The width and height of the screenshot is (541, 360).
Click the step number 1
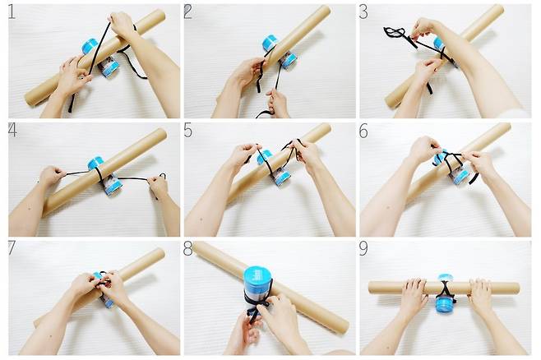tap(12, 12)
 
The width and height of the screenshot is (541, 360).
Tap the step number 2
tap(187, 12)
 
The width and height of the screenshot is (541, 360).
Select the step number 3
tap(363, 12)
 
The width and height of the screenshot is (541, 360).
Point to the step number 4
tap(12, 130)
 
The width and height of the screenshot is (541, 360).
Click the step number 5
tap(188, 131)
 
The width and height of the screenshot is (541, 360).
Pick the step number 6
tap(363, 131)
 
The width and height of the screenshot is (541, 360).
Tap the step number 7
tap(12, 248)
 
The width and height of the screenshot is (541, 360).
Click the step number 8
tap(188, 248)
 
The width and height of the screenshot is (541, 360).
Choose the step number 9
tap(363, 248)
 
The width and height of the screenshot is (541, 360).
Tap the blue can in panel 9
tap(445, 294)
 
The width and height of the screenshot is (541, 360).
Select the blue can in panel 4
tap(104, 176)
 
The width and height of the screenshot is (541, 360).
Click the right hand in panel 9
tap(480, 293)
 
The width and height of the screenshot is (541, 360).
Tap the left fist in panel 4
tap(52, 176)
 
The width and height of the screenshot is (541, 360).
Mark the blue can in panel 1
tap(100, 58)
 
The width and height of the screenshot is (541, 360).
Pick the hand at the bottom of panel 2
tap(277, 104)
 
